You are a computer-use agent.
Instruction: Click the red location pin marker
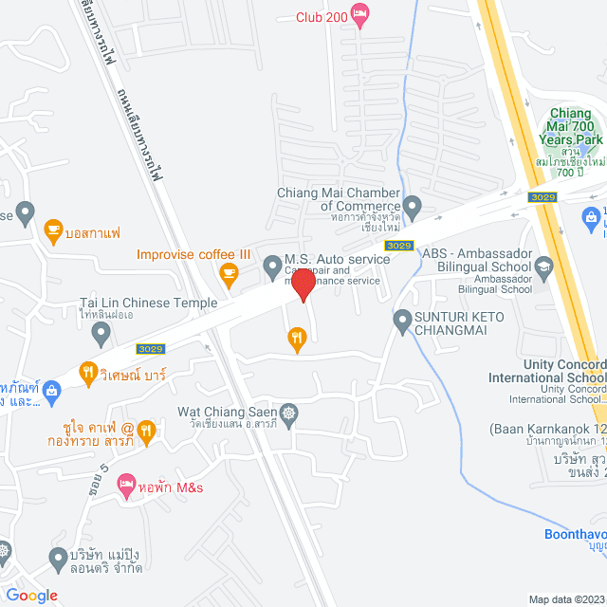click(x=303, y=285)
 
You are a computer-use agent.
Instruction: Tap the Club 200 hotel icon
click(x=359, y=12)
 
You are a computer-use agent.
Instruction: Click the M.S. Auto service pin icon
click(x=271, y=262)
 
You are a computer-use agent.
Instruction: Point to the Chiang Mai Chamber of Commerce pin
click(x=412, y=205)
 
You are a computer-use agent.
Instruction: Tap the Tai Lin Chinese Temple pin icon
click(x=101, y=333)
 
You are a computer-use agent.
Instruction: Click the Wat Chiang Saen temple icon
click(x=288, y=413)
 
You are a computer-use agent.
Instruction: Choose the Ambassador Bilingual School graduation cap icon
click(x=543, y=266)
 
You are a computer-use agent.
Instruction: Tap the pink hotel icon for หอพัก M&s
click(x=126, y=487)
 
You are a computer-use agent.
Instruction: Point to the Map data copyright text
click(x=565, y=599)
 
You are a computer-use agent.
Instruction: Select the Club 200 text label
click(x=321, y=17)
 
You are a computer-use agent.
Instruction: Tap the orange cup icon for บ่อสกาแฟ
click(x=53, y=230)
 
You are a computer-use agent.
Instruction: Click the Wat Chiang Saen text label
click(x=227, y=413)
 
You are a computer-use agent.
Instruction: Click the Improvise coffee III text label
click(x=193, y=254)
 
